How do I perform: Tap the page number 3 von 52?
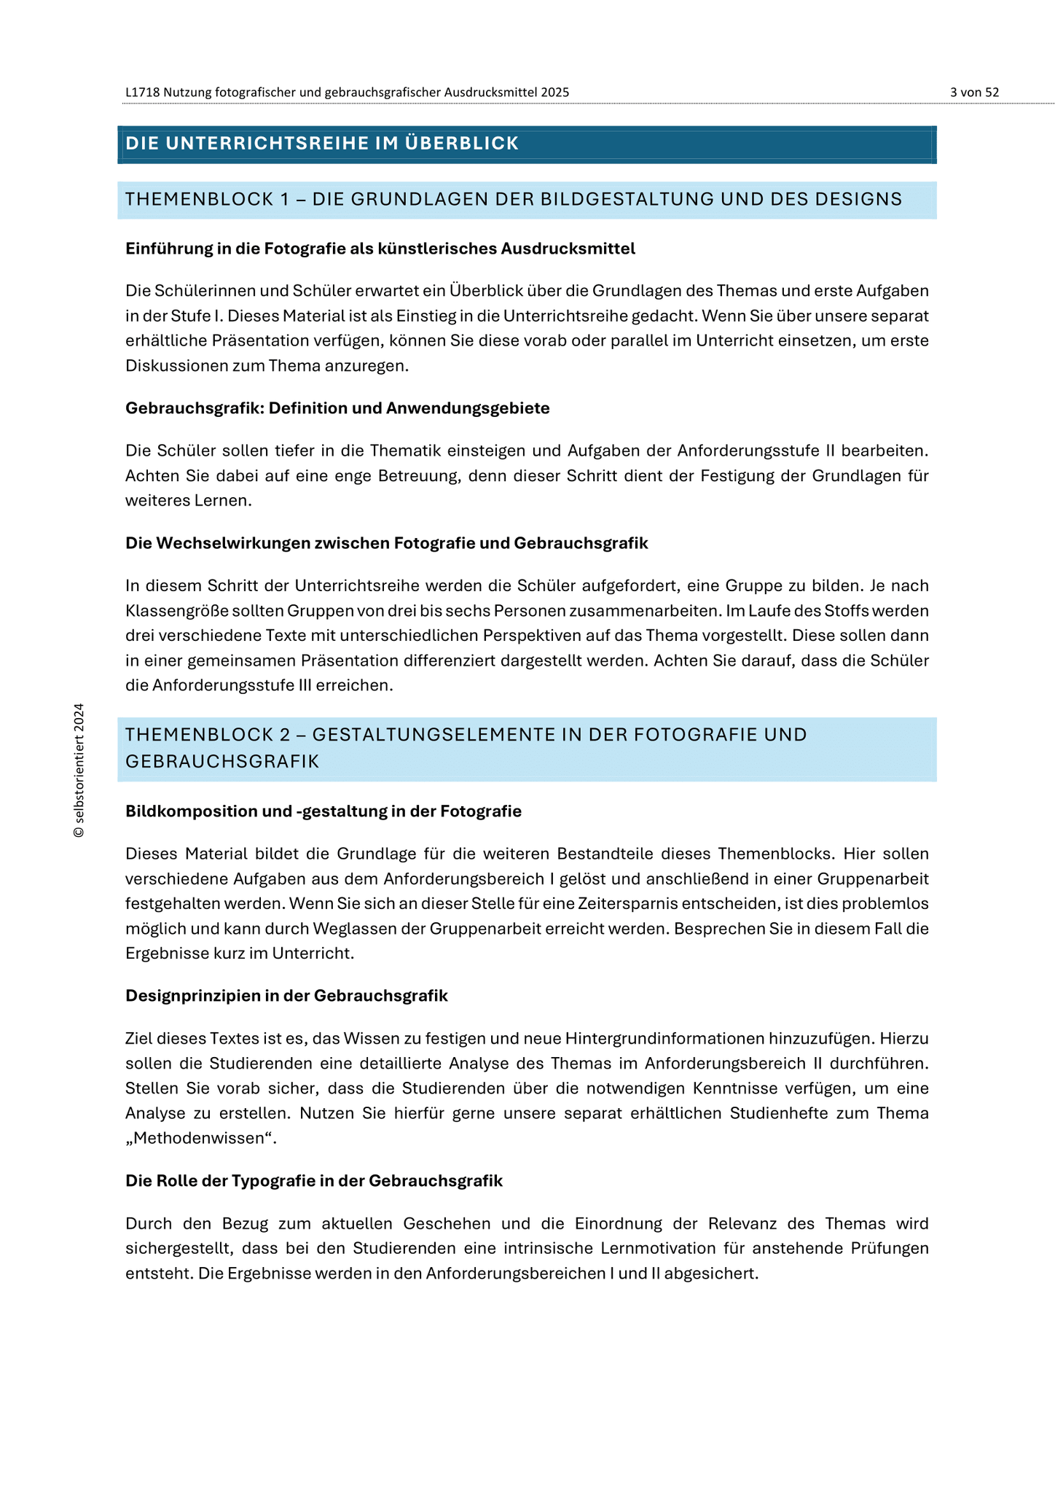coord(974,93)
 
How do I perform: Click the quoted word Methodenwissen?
coord(201,1138)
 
